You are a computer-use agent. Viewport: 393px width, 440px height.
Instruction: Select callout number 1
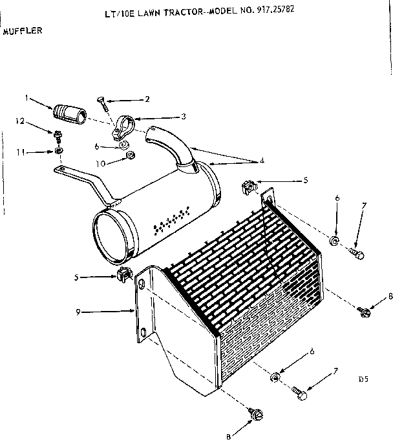coord(27,98)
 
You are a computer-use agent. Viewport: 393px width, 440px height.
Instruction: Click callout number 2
coord(147,99)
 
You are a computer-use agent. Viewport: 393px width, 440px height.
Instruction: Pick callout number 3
coord(183,116)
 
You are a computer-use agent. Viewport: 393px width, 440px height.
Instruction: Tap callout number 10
coord(100,163)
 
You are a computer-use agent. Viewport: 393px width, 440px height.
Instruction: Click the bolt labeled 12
coord(58,136)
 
